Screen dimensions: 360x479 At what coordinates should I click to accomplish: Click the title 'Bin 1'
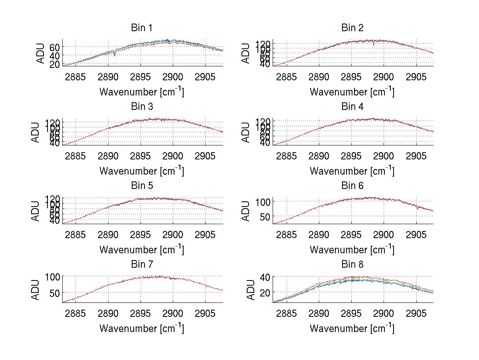tap(141, 28)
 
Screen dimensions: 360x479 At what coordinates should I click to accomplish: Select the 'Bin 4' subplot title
tap(352, 107)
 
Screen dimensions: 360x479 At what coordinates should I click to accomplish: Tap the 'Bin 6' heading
tap(352, 186)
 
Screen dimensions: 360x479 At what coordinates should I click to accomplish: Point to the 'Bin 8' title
tap(352, 265)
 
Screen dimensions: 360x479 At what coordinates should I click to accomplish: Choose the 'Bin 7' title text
tap(141, 265)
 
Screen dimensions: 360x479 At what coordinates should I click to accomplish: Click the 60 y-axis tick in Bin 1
tap(54, 47)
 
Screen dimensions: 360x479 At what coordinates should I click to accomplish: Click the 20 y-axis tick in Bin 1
tap(54, 64)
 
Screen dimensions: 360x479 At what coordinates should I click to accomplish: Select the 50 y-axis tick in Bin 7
tap(54, 293)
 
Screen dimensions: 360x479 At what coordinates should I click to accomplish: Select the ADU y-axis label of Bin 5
tap(36, 211)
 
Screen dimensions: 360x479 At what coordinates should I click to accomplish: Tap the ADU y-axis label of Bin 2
tap(247, 53)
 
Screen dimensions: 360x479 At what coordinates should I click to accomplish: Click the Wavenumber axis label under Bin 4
tap(352, 171)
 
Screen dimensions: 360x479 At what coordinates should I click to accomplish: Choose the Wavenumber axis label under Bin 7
tap(141, 328)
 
